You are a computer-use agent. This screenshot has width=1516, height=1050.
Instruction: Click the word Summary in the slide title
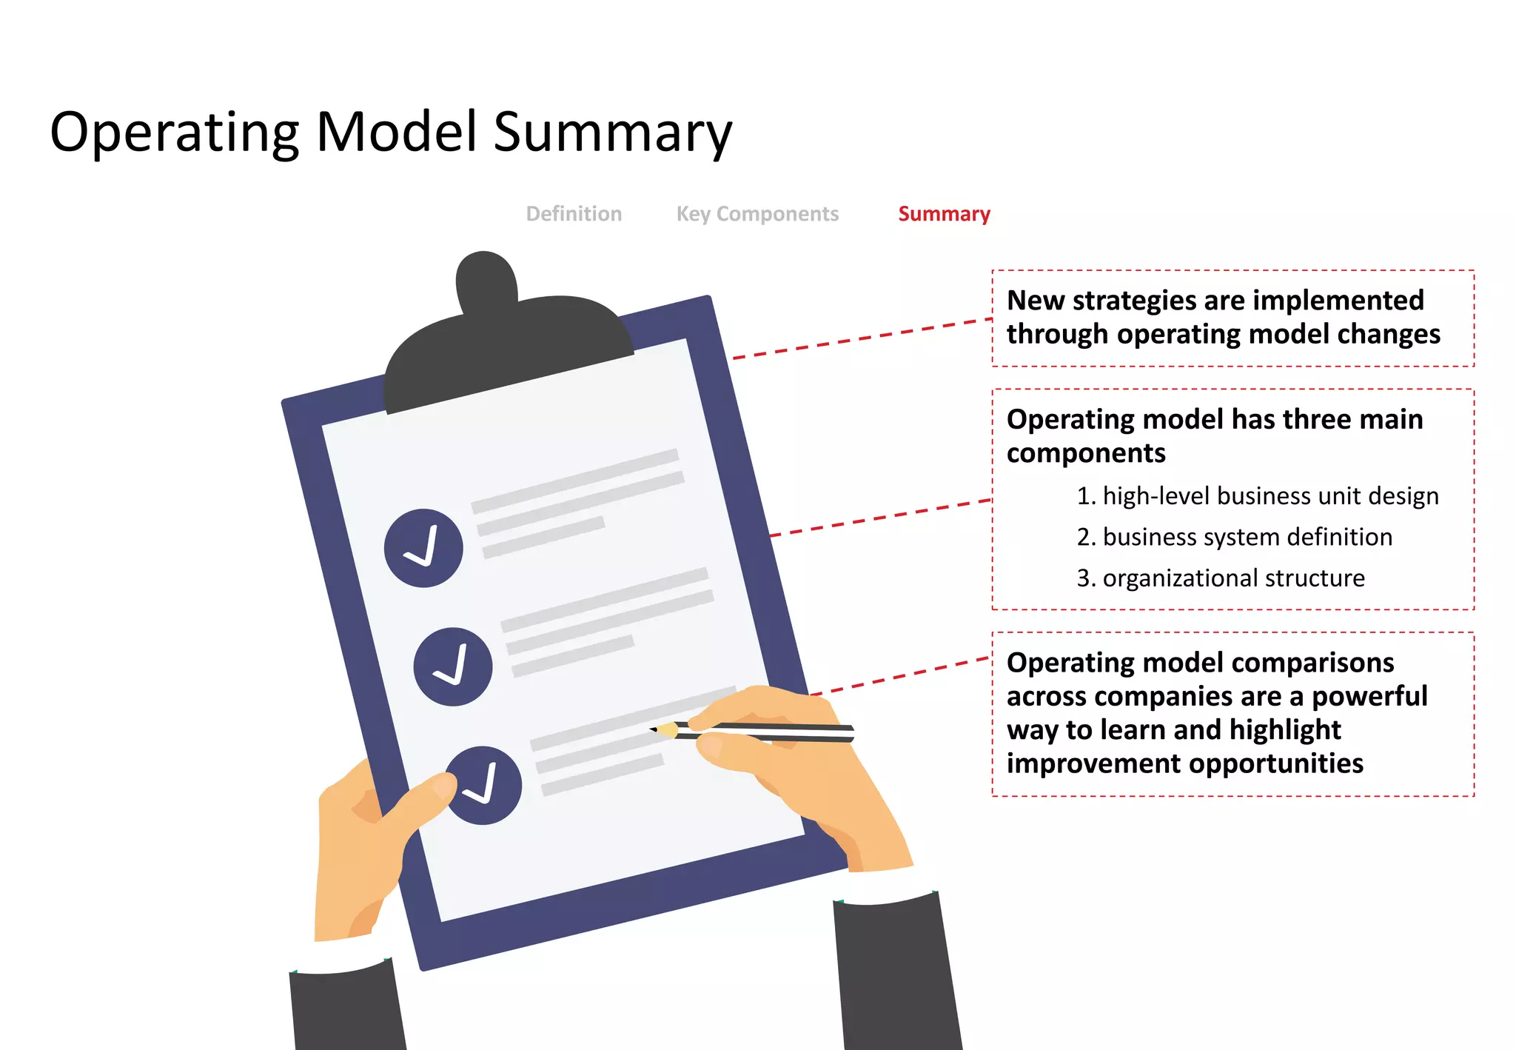pos(612,133)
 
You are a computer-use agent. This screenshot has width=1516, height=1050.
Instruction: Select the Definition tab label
pos(574,214)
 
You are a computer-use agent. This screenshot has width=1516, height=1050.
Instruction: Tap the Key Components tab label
pos(757,214)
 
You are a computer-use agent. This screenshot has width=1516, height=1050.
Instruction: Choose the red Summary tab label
pos(944,214)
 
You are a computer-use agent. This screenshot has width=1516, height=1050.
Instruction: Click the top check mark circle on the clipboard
pos(423,548)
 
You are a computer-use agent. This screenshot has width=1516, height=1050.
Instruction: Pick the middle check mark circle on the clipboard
pos(453,666)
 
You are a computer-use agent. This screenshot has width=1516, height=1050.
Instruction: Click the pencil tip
pos(654,729)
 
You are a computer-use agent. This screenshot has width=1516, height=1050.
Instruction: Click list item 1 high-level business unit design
pos(1257,495)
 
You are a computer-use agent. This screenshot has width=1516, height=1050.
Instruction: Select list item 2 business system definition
pos(1234,537)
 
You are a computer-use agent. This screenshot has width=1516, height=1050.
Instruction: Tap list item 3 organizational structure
pos(1221,578)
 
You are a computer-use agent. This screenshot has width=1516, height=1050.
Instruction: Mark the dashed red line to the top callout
pos(862,339)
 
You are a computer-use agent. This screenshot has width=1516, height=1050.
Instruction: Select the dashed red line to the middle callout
pos(881,518)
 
